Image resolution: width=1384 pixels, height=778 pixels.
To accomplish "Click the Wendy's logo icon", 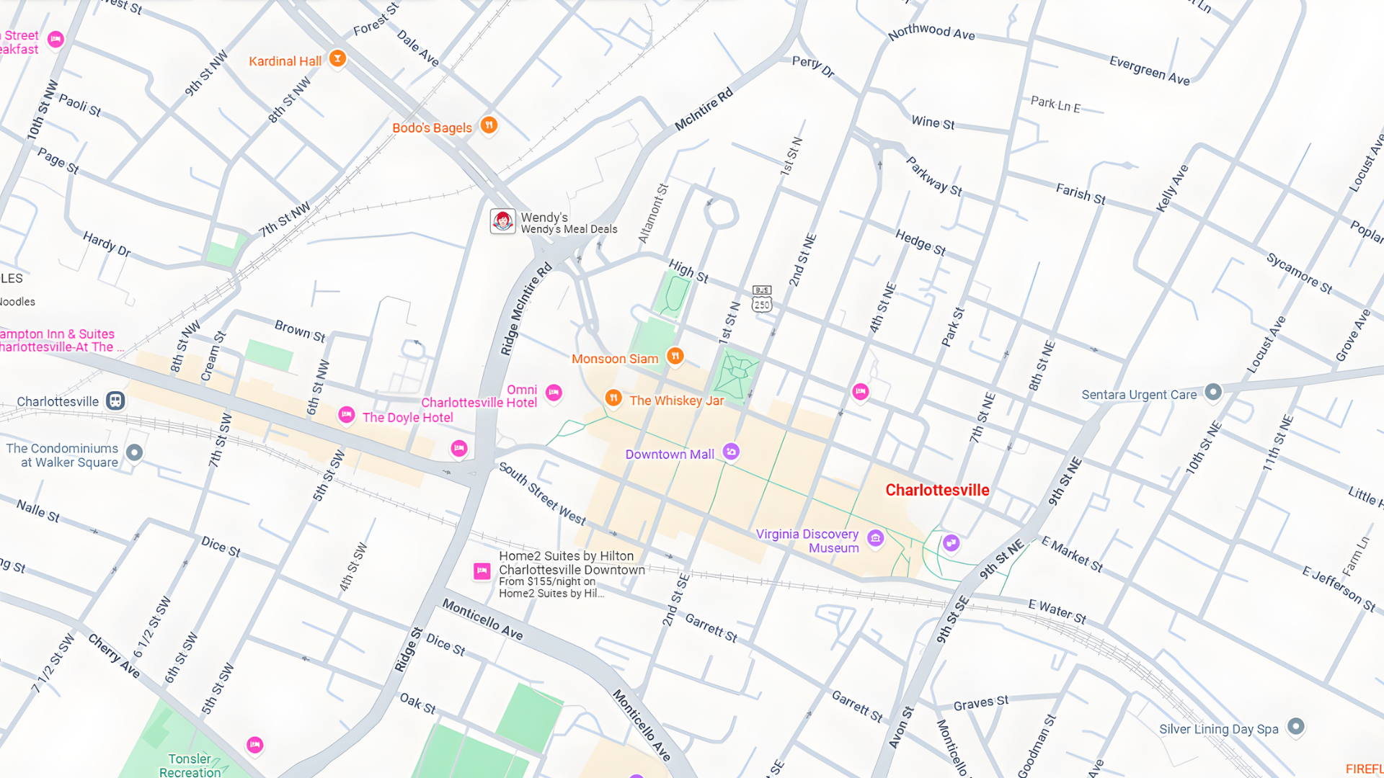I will [x=502, y=221].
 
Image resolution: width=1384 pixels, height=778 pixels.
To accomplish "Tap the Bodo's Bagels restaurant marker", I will [x=489, y=125].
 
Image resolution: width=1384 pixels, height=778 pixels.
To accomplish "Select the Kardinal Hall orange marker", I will [x=337, y=58].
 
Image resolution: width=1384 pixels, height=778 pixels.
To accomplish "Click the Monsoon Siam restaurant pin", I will [x=675, y=355].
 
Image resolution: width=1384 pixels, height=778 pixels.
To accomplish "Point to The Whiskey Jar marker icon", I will [x=613, y=398].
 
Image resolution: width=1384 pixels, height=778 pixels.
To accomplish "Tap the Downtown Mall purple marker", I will [x=731, y=452].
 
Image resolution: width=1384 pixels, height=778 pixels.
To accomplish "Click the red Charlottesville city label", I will [x=937, y=490].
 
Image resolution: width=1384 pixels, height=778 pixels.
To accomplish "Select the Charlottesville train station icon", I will [x=115, y=401].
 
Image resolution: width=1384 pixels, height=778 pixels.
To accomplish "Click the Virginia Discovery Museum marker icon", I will [x=875, y=538].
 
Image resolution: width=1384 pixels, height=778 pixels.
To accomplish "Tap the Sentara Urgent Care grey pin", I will [x=1213, y=392].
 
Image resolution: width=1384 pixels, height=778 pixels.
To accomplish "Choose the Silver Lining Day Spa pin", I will [x=1295, y=726].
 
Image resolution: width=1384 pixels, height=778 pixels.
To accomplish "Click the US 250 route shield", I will [x=762, y=304].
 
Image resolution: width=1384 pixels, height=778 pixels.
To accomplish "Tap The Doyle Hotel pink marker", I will [x=347, y=415].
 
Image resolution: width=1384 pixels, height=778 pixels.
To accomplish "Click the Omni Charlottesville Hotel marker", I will [x=554, y=393].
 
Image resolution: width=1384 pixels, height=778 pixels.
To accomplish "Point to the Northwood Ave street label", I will [x=931, y=32].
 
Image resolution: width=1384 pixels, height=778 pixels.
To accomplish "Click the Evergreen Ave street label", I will [x=1149, y=70].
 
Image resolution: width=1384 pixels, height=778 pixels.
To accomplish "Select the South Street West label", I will [x=542, y=494].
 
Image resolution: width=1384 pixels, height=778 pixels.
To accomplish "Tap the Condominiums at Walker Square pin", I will [x=134, y=452].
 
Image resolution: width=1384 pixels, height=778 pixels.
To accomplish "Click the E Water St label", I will [x=1057, y=612].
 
